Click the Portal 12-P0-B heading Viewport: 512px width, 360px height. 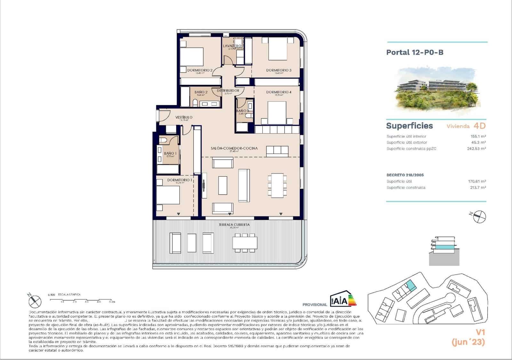point(415,52)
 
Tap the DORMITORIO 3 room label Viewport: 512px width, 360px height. point(279,70)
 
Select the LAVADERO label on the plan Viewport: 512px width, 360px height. point(232,46)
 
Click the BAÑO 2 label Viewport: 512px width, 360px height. point(201,92)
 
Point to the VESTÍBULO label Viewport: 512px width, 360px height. point(184,117)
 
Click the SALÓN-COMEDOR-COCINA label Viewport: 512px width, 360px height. point(234,148)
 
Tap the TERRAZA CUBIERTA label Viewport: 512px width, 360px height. point(234,225)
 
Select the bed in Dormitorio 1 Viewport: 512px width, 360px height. point(168,195)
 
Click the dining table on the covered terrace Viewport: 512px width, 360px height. point(245,242)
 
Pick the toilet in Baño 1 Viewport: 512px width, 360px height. point(163,140)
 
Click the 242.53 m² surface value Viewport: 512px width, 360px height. point(476,148)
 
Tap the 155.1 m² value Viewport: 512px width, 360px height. point(478,136)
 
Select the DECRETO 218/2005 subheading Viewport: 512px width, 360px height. point(405,175)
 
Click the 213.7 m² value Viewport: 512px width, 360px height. point(478,188)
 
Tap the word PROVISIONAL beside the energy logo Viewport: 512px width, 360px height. point(315,305)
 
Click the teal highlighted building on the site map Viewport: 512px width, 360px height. point(411,285)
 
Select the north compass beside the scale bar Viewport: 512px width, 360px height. point(35,301)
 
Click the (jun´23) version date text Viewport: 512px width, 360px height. point(468,342)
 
